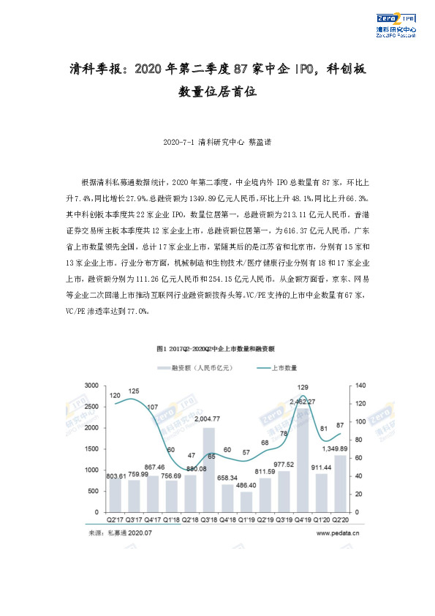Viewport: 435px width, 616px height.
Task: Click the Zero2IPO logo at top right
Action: (395, 23)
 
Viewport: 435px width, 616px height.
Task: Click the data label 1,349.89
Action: (340, 448)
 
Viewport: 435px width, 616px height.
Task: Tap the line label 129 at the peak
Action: (303, 387)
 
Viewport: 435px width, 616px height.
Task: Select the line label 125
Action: (133, 391)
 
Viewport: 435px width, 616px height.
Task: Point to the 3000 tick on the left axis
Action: (92, 386)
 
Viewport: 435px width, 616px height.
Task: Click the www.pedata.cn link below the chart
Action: (338, 534)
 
